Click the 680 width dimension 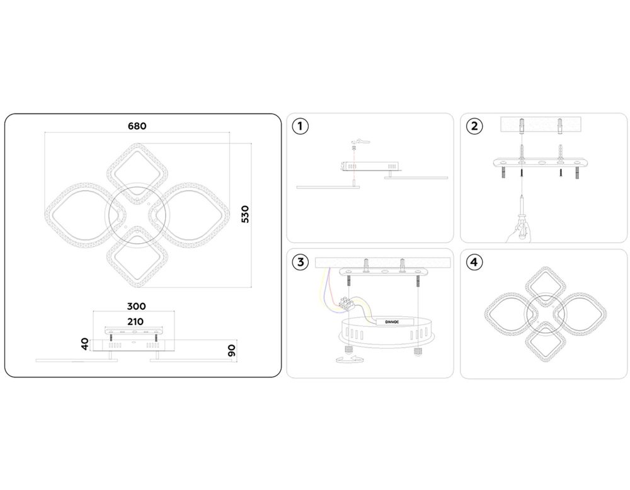[137, 126]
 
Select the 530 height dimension [244, 214]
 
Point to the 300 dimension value [136, 307]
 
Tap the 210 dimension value [135, 322]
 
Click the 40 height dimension [85, 344]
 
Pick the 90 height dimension [232, 350]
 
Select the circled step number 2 [474, 126]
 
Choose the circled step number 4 [474, 262]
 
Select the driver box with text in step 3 [394, 321]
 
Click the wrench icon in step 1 [361, 141]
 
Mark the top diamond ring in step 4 [546, 287]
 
